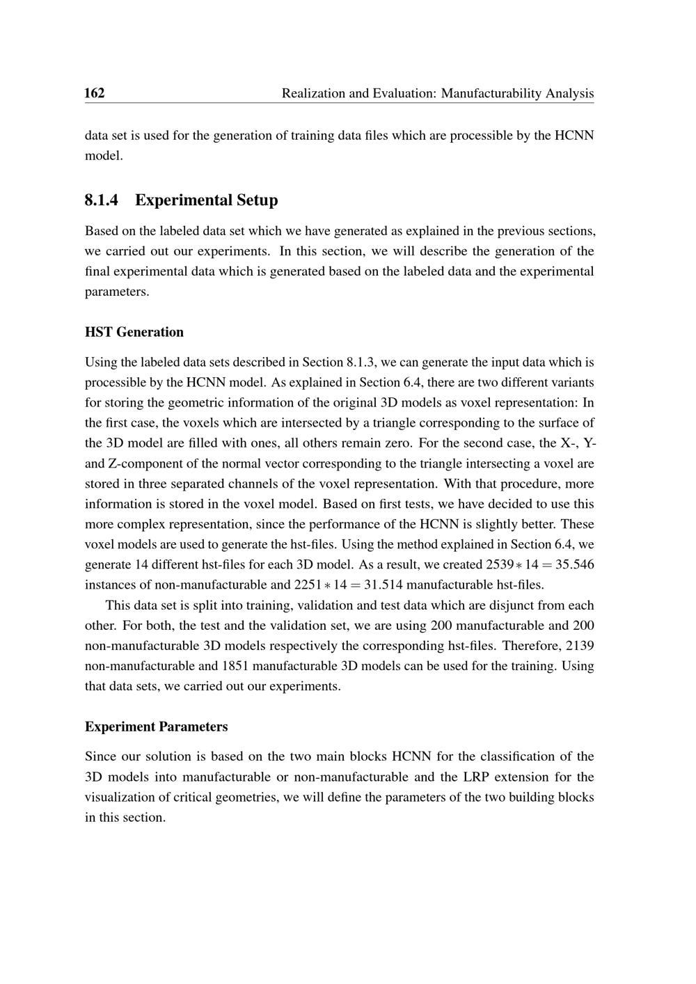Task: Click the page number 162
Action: [95, 93]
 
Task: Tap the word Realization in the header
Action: [313, 93]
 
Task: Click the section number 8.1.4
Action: [102, 200]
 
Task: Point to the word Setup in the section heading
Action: [257, 200]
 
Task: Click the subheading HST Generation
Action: [134, 332]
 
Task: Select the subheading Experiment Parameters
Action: [156, 727]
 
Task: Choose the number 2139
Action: [580, 645]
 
